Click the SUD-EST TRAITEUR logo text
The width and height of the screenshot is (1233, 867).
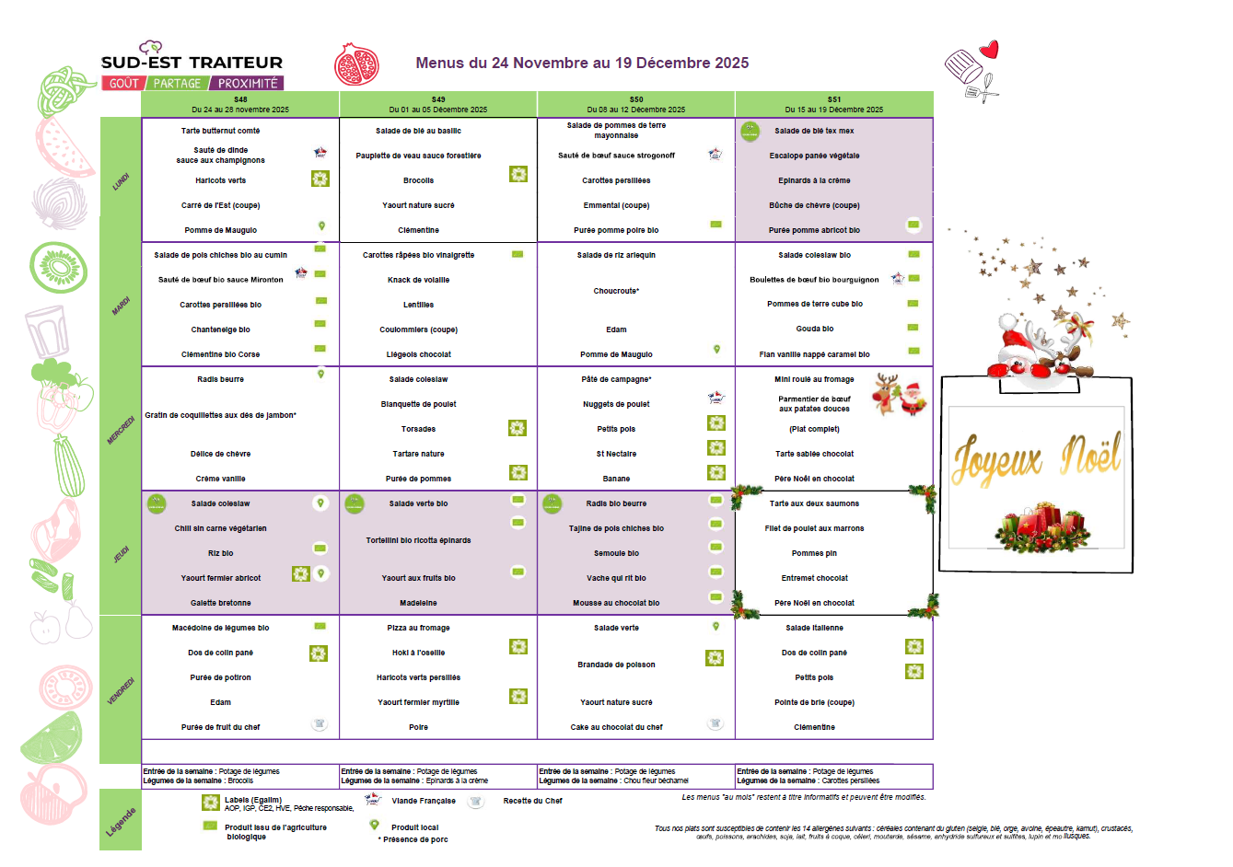tap(192, 63)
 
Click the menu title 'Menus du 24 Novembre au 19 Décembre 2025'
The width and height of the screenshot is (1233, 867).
tap(582, 64)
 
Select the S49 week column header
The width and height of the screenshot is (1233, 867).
tap(438, 104)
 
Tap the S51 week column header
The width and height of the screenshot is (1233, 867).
tap(833, 104)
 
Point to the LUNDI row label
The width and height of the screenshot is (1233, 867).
tap(121, 181)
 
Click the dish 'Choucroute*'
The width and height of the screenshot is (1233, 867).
tap(616, 291)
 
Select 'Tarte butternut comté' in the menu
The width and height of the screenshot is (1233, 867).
tap(220, 131)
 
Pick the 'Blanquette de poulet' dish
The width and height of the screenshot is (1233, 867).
tap(418, 404)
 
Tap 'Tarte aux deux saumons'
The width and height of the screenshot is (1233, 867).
tap(814, 503)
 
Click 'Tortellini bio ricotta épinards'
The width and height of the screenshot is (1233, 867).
tap(418, 540)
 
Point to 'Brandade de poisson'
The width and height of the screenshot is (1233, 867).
tap(616, 665)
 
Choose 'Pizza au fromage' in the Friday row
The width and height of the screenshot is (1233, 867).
tap(418, 628)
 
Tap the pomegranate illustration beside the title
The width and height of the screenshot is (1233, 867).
tap(356, 64)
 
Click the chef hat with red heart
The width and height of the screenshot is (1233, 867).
tap(972, 69)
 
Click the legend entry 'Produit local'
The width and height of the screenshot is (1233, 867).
tap(414, 827)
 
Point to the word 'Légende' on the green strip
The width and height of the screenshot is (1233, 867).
tap(121, 821)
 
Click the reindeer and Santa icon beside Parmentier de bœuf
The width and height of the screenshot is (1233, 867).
tap(900, 395)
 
